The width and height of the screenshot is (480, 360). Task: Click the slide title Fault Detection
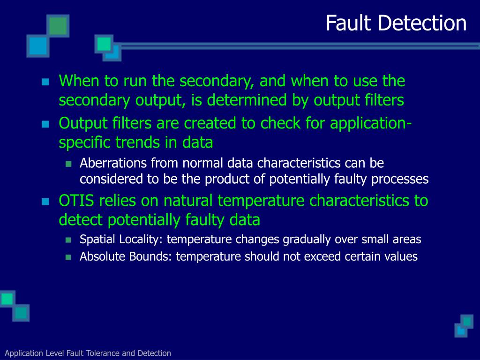396,23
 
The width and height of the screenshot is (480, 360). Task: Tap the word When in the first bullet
79,81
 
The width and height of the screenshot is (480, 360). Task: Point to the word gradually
307,240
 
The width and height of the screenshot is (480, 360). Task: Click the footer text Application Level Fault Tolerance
88,353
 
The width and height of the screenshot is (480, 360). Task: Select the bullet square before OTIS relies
45,202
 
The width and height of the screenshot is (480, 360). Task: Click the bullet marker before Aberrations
68,164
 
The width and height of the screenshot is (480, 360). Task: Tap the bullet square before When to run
45,82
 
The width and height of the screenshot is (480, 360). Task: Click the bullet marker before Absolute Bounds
68,257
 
